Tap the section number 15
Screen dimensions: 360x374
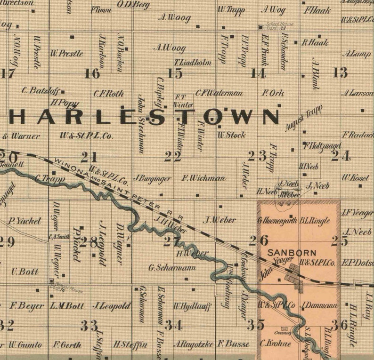(175, 73)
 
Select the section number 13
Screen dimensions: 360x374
(340, 72)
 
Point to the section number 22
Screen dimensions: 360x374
(173, 157)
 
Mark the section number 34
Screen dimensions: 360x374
(173, 325)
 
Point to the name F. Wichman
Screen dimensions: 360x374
(203, 178)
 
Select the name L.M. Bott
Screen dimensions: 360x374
(67, 306)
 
